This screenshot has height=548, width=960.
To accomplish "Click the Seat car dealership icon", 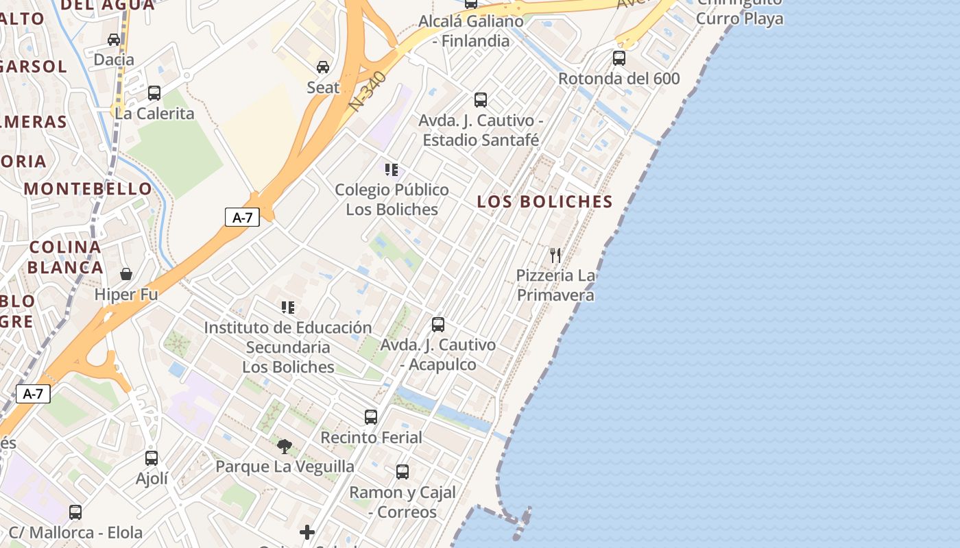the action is tap(323, 66).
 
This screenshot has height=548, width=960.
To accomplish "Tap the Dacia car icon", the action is tap(114, 39).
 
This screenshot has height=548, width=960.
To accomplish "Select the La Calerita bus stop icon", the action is tap(154, 92).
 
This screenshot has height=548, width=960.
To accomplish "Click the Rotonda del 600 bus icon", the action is tap(619, 58).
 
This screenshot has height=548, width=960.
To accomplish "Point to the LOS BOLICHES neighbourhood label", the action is tap(544, 201).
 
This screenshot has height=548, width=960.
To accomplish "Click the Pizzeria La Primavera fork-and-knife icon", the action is tap(555, 256).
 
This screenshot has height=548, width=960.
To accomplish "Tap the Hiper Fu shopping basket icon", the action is tap(126, 274).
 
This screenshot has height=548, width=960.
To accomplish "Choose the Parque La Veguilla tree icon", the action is tap(285, 447).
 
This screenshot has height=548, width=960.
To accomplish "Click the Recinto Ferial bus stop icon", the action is tap(371, 416).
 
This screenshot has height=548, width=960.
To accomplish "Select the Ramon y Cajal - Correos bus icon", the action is tap(403, 471).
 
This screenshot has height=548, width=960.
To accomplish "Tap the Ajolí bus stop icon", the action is tap(152, 458).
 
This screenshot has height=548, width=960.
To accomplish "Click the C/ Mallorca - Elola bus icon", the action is tap(75, 512).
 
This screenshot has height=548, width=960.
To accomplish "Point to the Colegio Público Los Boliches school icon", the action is tap(392, 169).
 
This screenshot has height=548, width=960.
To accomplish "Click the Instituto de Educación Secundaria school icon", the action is tap(288, 307).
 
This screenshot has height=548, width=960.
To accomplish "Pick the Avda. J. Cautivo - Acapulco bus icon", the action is tap(438, 324).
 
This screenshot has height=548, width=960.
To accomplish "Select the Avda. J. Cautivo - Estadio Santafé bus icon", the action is tap(481, 100).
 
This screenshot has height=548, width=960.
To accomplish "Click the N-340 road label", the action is tap(367, 91).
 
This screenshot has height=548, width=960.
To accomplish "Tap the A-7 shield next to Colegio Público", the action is tap(243, 218).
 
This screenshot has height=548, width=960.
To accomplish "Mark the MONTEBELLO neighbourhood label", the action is tap(88, 188).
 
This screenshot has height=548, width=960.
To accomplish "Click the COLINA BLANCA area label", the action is tap(66, 257).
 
